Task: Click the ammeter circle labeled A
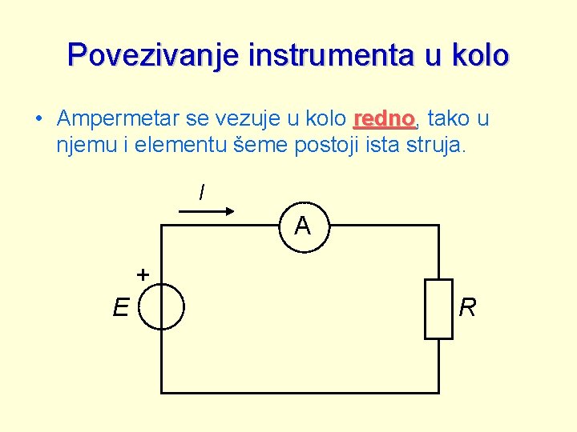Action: [302, 226]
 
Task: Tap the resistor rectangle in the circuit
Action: [438, 309]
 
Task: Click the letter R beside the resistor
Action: [468, 307]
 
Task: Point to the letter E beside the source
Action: [121, 307]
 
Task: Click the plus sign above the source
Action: [143, 275]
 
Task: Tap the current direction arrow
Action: [205, 211]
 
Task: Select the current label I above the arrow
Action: [201, 193]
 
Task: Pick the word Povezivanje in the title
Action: [154, 55]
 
